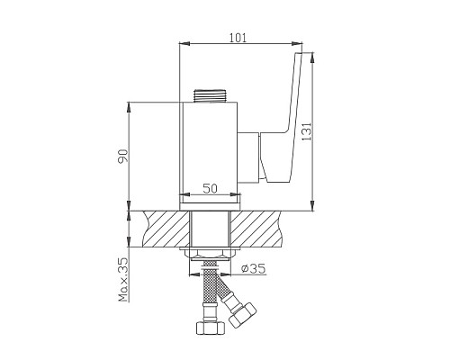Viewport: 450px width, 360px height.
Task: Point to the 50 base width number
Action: point(211,188)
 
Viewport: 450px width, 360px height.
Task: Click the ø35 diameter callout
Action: point(255,267)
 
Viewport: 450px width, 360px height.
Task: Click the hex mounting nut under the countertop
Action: point(211,255)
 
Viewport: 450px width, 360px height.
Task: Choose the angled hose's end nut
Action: point(240,316)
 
